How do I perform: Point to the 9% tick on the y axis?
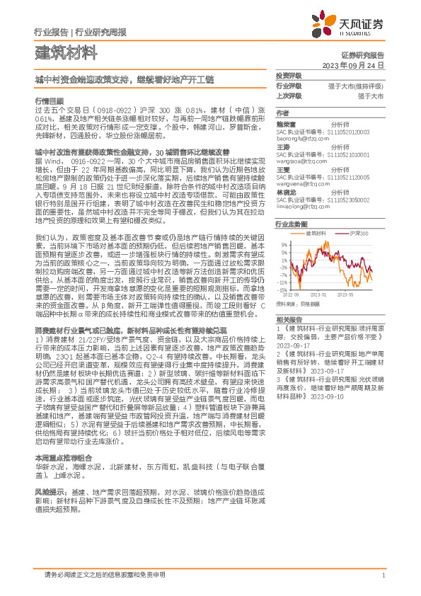click(x=284, y=244)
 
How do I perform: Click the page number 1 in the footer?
click(x=383, y=575)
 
